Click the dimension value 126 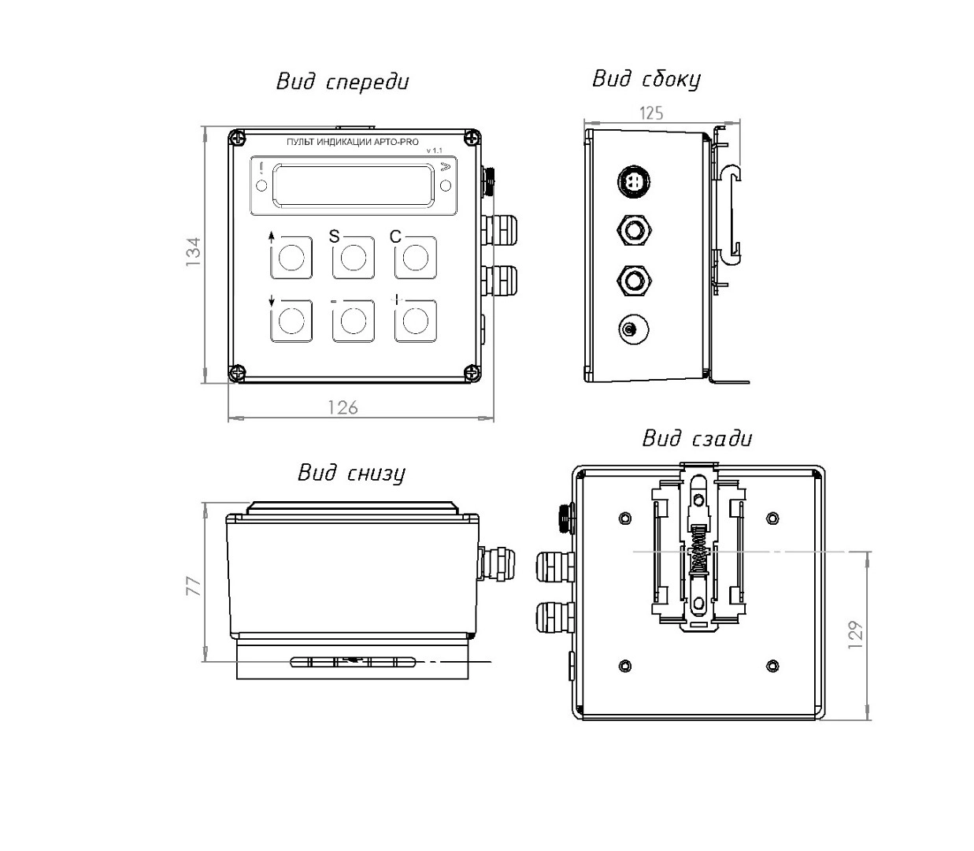343,407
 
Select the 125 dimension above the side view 651,113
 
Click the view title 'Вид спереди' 343,82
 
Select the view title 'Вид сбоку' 646,79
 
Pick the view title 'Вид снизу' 351,473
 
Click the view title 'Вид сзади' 697,438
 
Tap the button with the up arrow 291,257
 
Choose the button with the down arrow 291,321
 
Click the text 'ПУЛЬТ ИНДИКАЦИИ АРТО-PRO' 353,142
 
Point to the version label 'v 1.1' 434,151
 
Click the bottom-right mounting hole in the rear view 772,666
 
